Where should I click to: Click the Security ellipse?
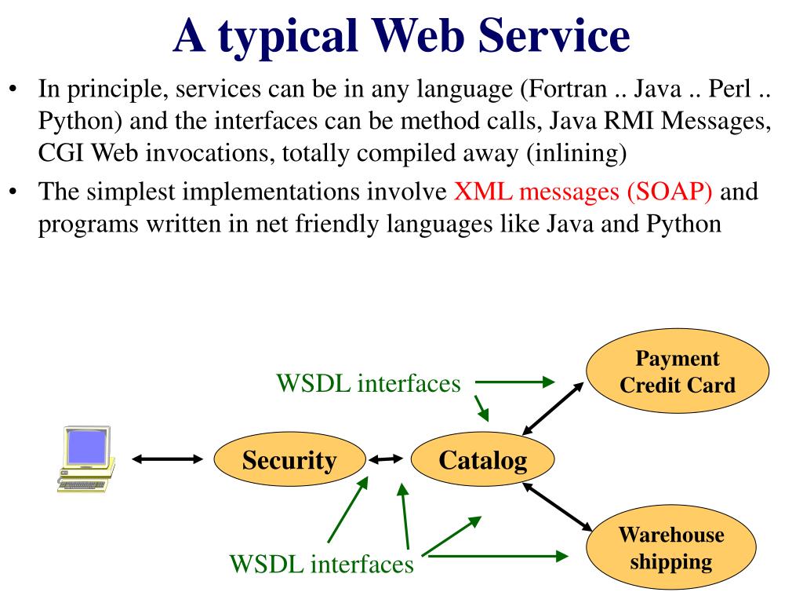tap(290, 459)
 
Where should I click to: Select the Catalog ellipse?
tap(482, 459)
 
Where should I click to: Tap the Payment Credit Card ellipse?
tap(678, 371)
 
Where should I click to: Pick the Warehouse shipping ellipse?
tap(671, 547)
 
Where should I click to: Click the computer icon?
tap(86, 459)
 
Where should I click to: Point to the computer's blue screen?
tap(86, 447)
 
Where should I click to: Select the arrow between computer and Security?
tap(168, 459)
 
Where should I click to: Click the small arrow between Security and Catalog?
tap(386, 459)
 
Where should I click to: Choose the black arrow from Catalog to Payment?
tap(553, 408)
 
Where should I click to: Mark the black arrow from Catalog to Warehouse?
tap(558, 507)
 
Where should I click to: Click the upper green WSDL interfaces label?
tap(369, 383)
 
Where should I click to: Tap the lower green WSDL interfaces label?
tap(322, 564)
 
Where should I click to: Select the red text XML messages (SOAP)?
tap(583, 192)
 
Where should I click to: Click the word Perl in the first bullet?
tap(730, 89)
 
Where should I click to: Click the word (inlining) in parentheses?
tap(577, 153)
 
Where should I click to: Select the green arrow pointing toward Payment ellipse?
tap(514, 382)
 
